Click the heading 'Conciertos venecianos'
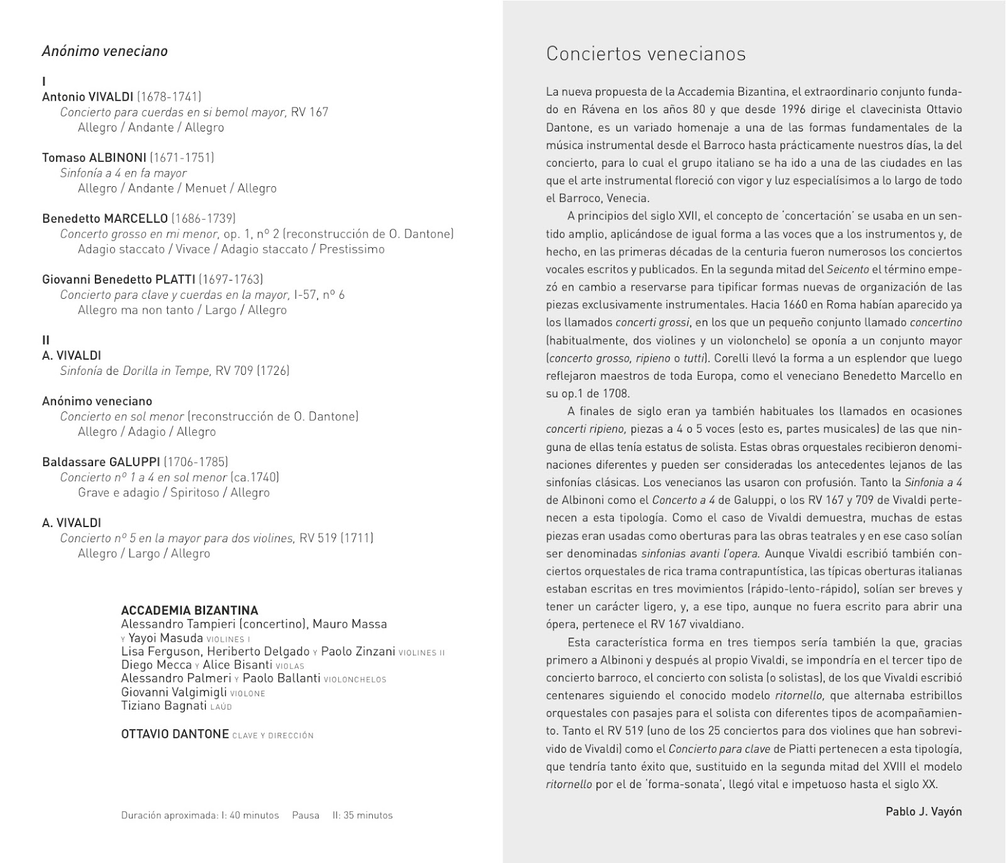[x=646, y=54]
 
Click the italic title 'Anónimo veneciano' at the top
[x=104, y=51]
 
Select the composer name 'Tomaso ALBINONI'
[x=94, y=157]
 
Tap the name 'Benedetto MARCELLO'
[x=105, y=218]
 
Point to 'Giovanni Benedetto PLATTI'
[x=119, y=279]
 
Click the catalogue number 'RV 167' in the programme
[x=309, y=112]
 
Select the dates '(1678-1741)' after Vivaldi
[x=169, y=97]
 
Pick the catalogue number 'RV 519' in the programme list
[x=318, y=538]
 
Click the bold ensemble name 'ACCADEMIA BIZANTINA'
[x=189, y=610]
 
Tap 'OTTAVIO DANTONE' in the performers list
[x=175, y=734]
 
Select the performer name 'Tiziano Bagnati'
[x=163, y=706]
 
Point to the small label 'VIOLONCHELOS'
[x=355, y=680]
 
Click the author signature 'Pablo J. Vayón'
[x=923, y=811]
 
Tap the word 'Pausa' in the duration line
[x=306, y=815]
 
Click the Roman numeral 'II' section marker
[x=46, y=340]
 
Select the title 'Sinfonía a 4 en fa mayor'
[x=123, y=173]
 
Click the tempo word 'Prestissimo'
[x=351, y=249]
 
